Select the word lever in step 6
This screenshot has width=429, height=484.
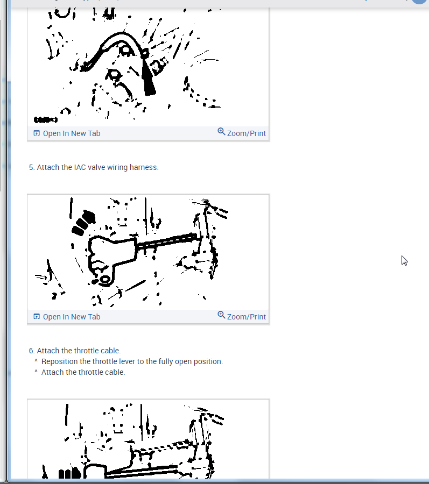pos(127,361)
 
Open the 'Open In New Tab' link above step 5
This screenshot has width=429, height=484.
pos(72,133)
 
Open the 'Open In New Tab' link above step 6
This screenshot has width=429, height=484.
pos(72,317)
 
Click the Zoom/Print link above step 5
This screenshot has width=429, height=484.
pos(247,133)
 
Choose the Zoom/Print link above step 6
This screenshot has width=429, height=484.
pos(247,317)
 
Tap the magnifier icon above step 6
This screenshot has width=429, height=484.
pos(221,315)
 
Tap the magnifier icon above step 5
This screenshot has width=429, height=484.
pos(221,132)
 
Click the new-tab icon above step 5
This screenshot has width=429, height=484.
pos(37,133)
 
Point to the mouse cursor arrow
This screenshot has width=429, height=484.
pos(404,260)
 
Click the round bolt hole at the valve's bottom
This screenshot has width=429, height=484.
pos(105,280)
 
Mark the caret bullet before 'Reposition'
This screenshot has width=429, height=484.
pos(36,360)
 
